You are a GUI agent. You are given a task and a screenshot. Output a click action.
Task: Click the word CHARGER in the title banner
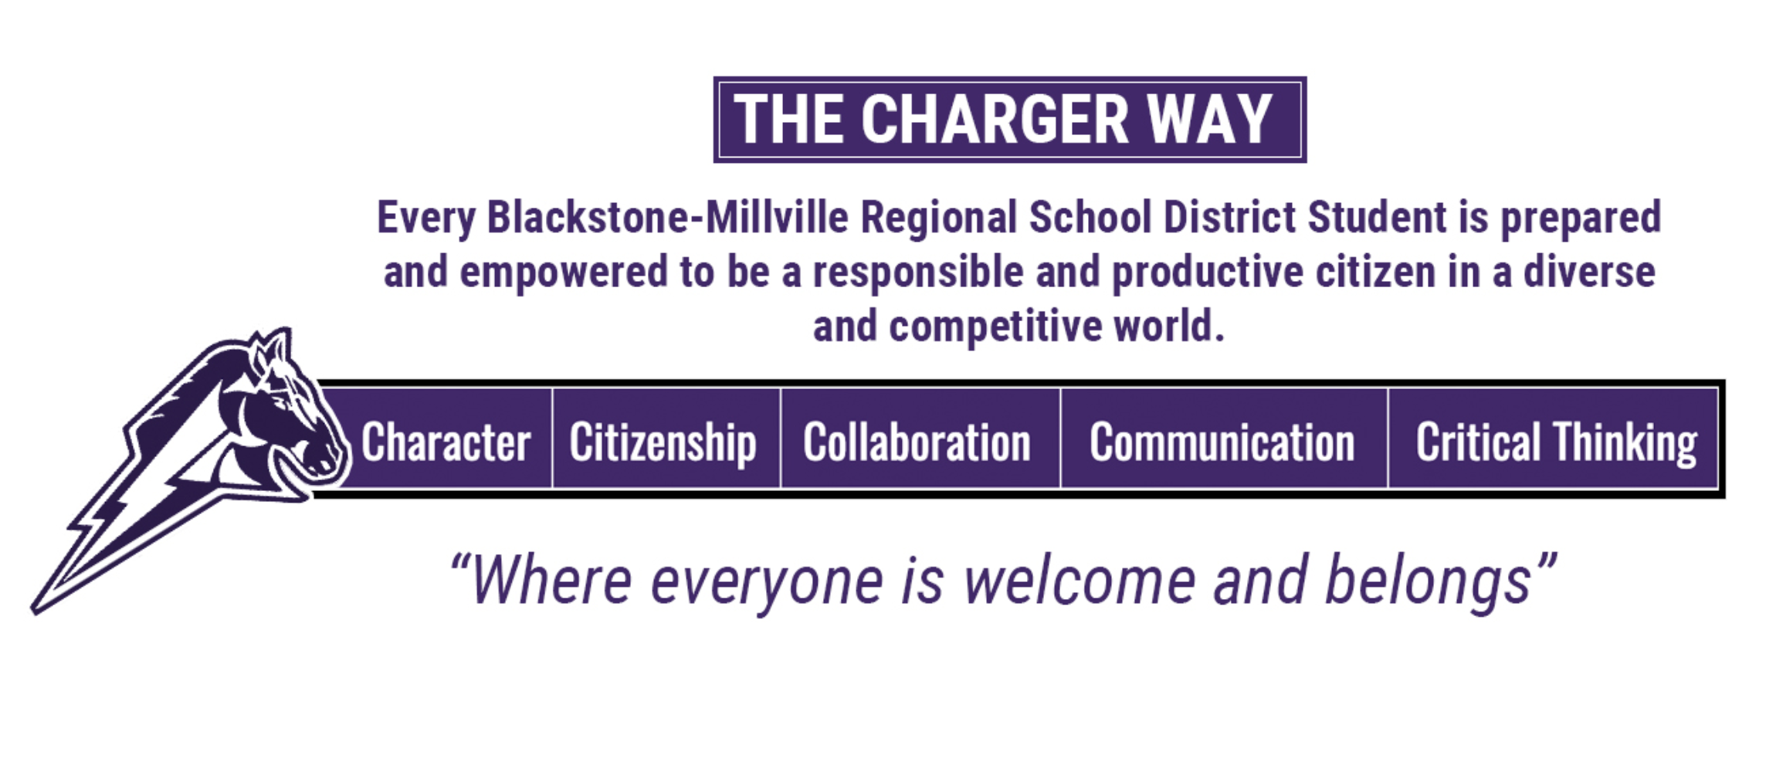(995, 120)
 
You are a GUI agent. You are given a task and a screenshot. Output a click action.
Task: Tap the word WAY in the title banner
(1209, 120)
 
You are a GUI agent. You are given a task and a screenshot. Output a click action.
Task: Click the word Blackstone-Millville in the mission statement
(668, 217)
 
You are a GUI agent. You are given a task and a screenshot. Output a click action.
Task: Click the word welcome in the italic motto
(1080, 581)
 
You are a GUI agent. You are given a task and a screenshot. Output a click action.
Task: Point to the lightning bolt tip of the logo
(35, 610)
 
